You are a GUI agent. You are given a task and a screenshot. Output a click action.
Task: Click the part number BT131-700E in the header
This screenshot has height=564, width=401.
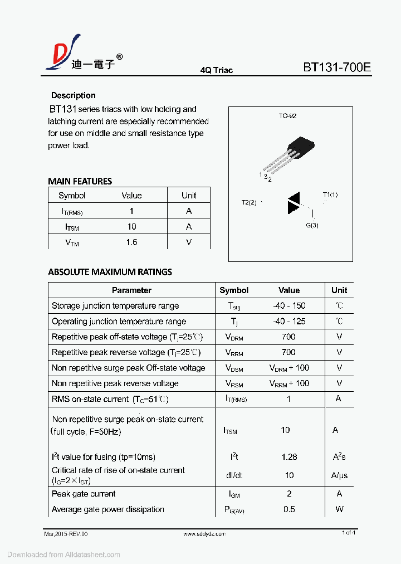[x=336, y=68]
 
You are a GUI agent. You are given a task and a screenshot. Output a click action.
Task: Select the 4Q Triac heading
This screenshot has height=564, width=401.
[x=216, y=70]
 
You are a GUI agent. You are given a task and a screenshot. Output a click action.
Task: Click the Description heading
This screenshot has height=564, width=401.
[x=73, y=95]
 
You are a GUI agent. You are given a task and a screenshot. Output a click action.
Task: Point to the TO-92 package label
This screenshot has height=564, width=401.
[x=287, y=116]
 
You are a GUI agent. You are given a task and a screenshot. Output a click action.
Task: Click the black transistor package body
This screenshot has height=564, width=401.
[x=301, y=147]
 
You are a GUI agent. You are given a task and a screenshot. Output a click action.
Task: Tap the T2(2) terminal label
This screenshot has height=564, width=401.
[x=249, y=202]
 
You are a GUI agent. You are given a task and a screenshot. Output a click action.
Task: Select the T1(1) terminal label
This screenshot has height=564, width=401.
[x=330, y=195]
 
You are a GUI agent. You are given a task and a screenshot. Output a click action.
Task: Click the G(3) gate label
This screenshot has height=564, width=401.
[x=312, y=225]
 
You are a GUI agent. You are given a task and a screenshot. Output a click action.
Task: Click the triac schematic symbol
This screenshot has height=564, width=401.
[x=294, y=203]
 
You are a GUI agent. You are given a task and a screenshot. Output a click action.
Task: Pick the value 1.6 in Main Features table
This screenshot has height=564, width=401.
[x=131, y=242]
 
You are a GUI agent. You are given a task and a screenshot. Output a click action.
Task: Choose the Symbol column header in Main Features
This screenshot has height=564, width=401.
[x=72, y=195]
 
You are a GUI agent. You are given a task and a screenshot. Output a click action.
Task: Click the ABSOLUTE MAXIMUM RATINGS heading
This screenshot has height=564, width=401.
[x=110, y=272]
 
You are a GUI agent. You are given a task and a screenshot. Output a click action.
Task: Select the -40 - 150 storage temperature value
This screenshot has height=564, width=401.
[x=289, y=305]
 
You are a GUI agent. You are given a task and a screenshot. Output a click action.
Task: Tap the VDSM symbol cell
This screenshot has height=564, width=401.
[x=234, y=368]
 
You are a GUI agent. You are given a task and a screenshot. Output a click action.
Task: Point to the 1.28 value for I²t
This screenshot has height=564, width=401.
[x=289, y=456]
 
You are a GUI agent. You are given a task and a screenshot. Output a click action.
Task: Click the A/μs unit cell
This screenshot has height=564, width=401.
[x=339, y=475]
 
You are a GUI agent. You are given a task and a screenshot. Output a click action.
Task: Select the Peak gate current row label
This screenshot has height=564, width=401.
[x=84, y=494]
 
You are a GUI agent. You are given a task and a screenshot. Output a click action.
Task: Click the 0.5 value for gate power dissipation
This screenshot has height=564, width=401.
[x=289, y=509]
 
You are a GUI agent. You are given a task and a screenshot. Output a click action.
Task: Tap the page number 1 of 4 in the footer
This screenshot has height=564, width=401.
[x=348, y=533]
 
